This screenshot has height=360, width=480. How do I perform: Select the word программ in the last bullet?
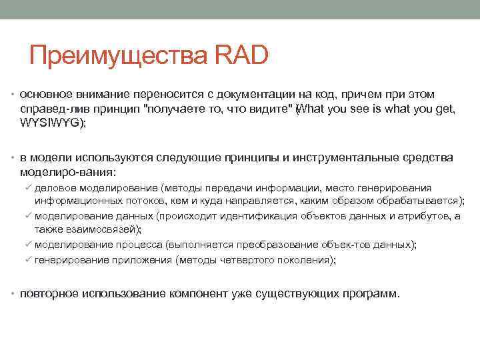click(374, 294)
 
